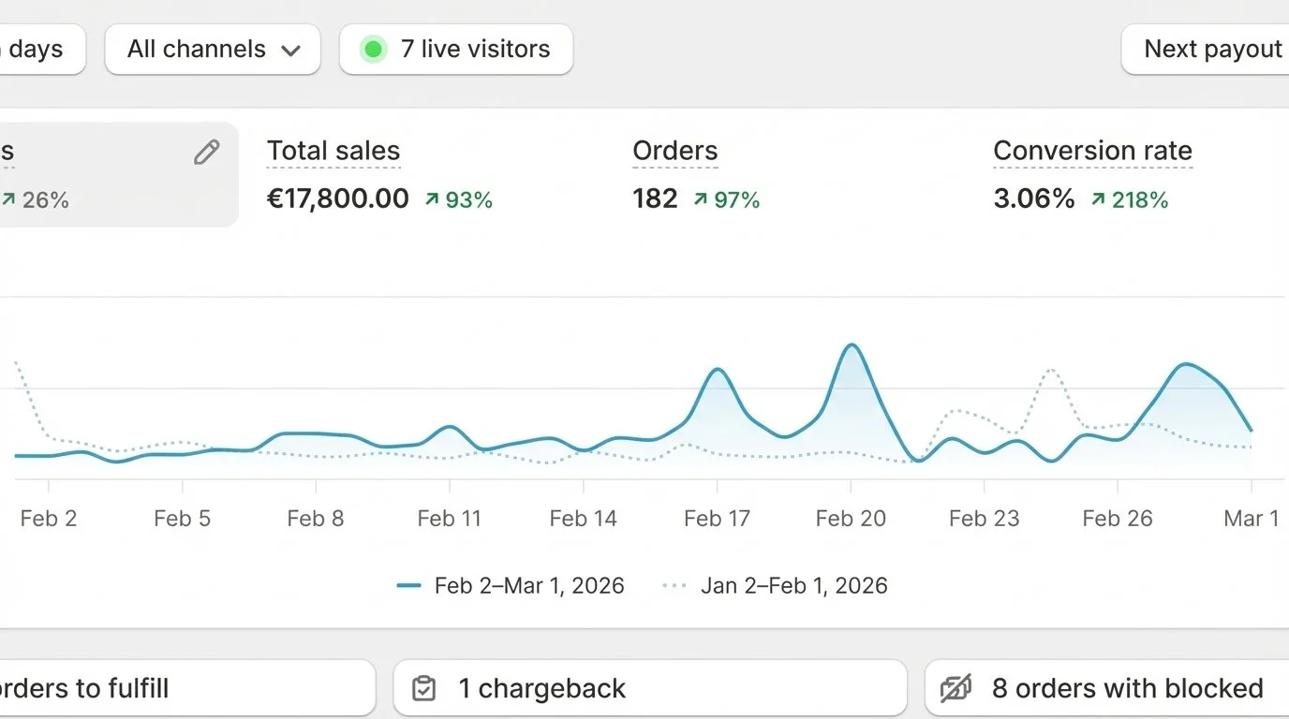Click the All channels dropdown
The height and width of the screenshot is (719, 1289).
[213, 50]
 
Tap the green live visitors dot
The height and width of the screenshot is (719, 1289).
[373, 50]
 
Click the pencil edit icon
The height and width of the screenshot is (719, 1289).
[207, 153]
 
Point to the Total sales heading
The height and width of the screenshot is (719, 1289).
[333, 151]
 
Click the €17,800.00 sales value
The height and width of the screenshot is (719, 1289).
[338, 198]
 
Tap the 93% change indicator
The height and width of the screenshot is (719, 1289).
[459, 199]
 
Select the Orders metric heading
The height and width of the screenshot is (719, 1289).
[674, 151]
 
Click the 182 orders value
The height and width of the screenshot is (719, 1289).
[655, 198]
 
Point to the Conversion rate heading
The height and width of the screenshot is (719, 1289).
[1092, 151]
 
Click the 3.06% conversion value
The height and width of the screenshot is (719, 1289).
[1034, 198]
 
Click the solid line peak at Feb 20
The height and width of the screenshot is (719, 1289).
[852, 345]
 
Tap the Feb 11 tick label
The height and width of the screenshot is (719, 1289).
[450, 519]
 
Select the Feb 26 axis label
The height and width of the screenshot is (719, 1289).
[1118, 519]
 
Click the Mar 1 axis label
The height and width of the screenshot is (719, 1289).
[1251, 519]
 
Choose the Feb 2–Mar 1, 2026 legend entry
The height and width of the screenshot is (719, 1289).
[511, 586]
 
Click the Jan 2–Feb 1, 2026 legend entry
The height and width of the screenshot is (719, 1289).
[776, 586]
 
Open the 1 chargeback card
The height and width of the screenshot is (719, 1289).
[649, 689]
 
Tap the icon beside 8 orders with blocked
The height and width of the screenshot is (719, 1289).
[956, 689]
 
